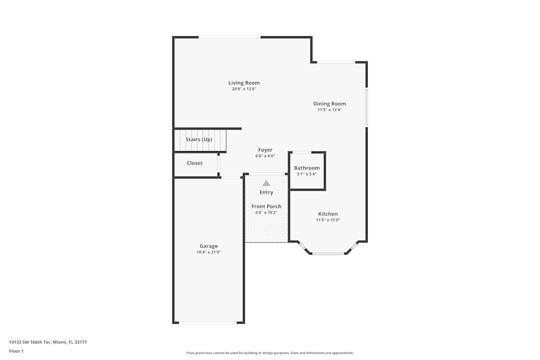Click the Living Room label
(x=244, y=83)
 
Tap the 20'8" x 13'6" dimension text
(x=244, y=89)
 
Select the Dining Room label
(x=329, y=104)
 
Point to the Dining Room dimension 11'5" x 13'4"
(x=329, y=110)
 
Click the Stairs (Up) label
(x=199, y=139)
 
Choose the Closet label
(x=194, y=163)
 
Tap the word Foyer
(x=265, y=150)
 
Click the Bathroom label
(x=307, y=168)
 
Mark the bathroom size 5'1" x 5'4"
(x=307, y=174)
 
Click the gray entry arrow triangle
(x=266, y=183)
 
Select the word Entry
(x=266, y=192)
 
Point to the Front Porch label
(x=266, y=206)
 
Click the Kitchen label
(x=328, y=214)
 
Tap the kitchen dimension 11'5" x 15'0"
(x=328, y=220)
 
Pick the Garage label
(x=208, y=246)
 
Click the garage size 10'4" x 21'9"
(x=208, y=252)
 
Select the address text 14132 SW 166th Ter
(x=30, y=342)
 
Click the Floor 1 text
(x=16, y=351)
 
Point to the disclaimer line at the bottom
(x=269, y=353)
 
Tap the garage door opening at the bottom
(x=208, y=322)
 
